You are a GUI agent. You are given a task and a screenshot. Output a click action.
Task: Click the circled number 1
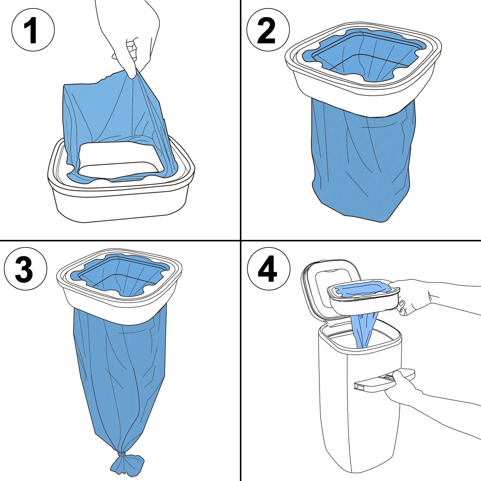pyautogui.click(x=33, y=30)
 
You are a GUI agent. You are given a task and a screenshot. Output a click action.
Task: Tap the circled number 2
pyautogui.click(x=268, y=30)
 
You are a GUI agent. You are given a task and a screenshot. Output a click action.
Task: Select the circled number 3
pyautogui.click(x=26, y=268)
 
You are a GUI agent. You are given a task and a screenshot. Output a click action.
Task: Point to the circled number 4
pyautogui.click(x=268, y=268)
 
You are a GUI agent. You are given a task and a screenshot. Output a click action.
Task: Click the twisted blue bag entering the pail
pyautogui.click(x=365, y=329)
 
